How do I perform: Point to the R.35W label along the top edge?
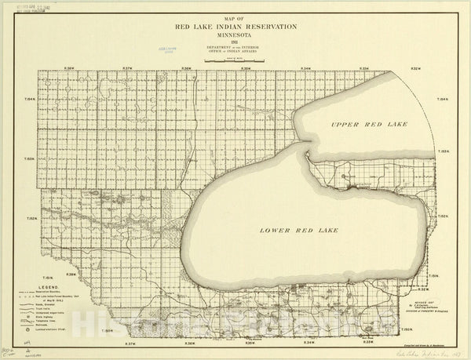245,69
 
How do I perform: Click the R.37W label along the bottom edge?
130,343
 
